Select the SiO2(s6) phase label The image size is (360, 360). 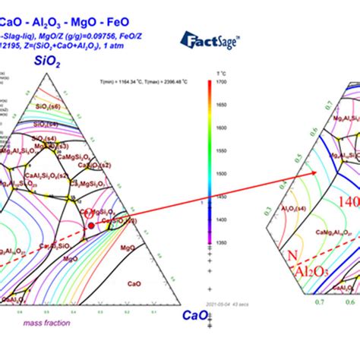click(x=47, y=108)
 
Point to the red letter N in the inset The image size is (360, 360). click(x=292, y=257)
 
